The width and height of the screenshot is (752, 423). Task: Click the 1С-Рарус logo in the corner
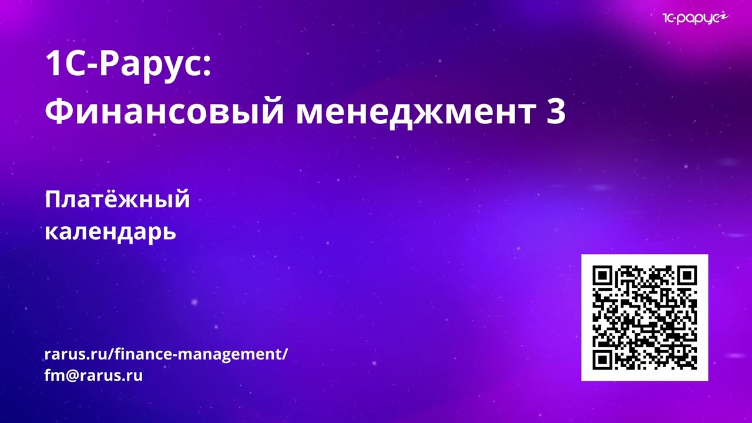(695, 19)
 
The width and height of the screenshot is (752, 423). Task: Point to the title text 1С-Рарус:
(127, 65)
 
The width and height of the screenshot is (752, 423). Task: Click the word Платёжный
(117, 200)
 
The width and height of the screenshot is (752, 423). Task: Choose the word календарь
(110, 231)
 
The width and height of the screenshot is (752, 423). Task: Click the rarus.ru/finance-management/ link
(166, 354)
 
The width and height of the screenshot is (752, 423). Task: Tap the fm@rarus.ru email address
(93, 375)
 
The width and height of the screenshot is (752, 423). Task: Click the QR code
(644, 317)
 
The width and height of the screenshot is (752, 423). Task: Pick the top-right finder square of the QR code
(686, 276)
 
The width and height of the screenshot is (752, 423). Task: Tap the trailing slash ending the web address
(286, 354)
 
